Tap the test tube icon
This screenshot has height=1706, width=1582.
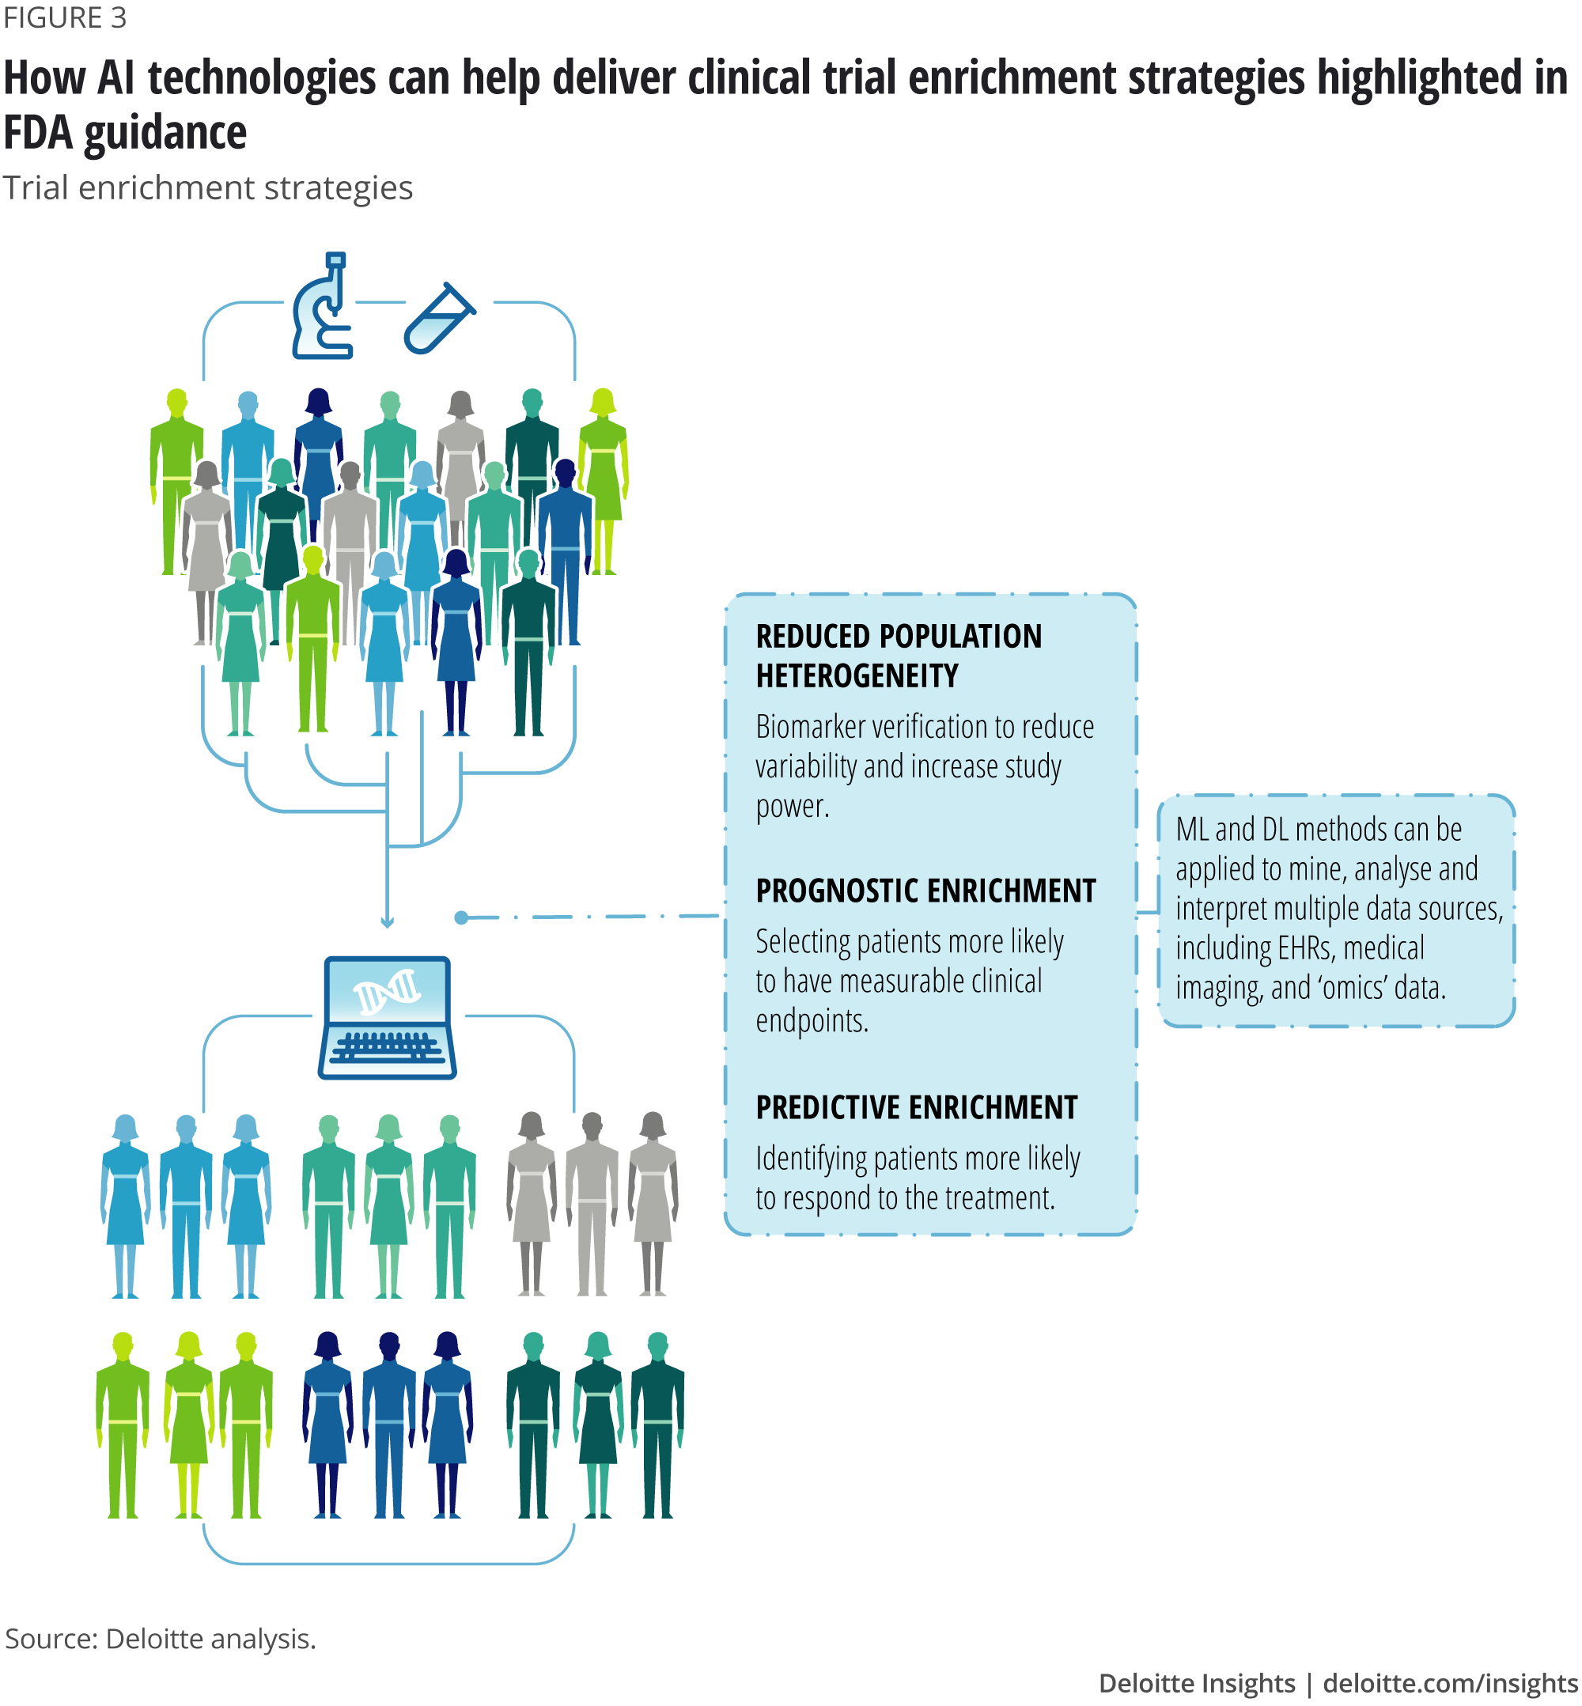coord(438,319)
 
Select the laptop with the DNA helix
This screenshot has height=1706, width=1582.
coord(387,1017)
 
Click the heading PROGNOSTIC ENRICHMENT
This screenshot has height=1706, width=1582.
coord(925,891)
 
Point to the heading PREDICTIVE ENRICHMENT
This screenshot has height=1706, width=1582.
coord(916,1107)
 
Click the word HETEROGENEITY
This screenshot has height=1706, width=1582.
coord(857,676)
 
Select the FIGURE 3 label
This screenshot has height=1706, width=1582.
coord(65,17)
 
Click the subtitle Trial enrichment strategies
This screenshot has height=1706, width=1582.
coord(207,187)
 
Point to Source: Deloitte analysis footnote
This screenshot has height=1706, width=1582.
coord(160,1638)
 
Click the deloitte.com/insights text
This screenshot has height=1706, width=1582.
coord(1450,1683)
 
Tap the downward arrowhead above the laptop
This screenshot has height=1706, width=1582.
coord(387,923)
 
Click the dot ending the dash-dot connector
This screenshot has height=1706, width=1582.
coord(461,917)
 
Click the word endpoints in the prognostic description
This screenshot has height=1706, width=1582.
coord(811,1020)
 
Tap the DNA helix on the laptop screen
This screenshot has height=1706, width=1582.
coord(387,990)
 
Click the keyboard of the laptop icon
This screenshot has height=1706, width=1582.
coord(387,1047)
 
